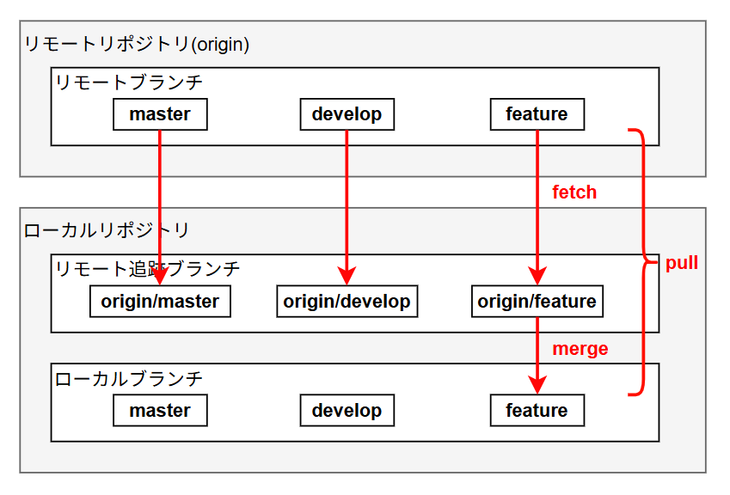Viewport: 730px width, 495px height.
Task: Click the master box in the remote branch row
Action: [160, 114]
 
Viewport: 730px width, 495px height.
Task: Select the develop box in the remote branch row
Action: [347, 114]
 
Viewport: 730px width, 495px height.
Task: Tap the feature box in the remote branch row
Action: [537, 114]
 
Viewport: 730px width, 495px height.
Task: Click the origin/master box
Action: [160, 302]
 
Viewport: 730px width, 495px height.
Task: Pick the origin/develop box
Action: [347, 302]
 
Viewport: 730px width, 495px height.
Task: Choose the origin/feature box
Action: [537, 302]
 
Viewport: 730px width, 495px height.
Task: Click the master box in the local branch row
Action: [160, 411]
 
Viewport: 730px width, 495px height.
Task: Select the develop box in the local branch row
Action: [347, 411]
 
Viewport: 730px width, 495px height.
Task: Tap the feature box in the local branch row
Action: [537, 411]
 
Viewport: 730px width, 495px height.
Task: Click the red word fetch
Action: [574, 192]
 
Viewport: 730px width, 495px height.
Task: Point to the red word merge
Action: [580, 349]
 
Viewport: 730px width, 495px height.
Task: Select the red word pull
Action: [682, 263]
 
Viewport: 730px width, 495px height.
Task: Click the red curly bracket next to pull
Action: [641, 262]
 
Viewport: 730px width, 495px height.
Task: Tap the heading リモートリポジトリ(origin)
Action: [137, 45]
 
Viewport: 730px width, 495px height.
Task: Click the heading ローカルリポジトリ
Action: [107, 230]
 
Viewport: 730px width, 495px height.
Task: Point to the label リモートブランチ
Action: [129, 83]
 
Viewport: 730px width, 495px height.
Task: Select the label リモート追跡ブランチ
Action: [148, 269]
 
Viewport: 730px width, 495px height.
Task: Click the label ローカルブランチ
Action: [129, 378]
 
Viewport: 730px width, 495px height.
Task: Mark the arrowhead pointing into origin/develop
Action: [347, 277]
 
